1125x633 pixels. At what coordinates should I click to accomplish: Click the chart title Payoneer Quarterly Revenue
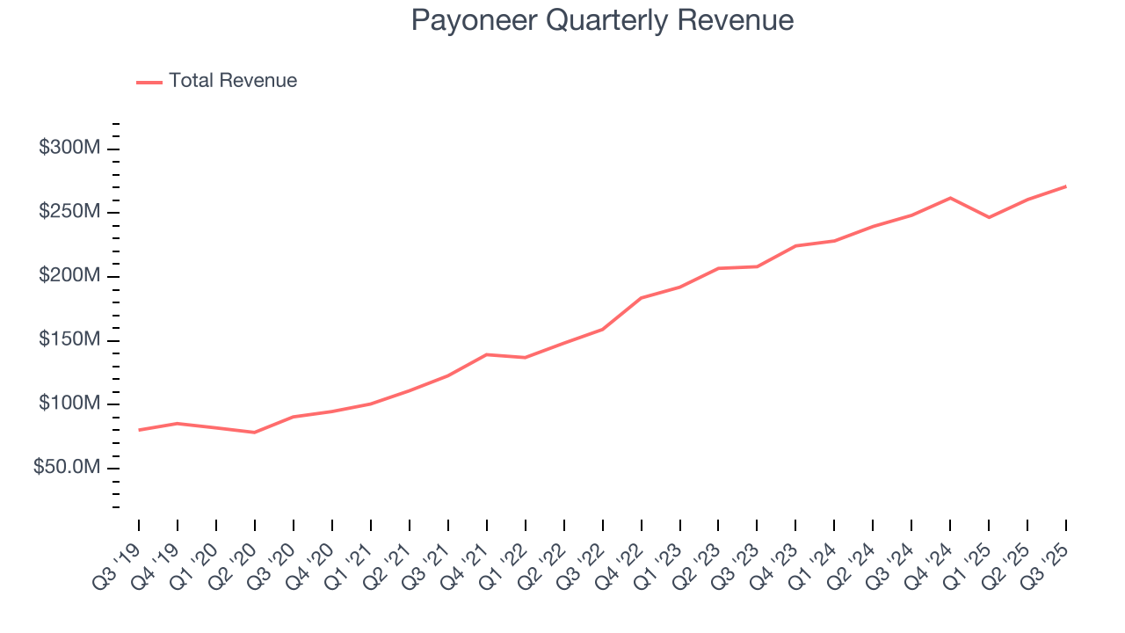[602, 20]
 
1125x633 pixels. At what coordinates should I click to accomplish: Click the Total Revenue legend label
[233, 81]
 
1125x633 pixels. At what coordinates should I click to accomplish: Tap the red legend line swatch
[149, 82]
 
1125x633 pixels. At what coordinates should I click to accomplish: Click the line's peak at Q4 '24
[950, 198]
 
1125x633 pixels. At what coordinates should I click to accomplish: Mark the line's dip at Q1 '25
[989, 217]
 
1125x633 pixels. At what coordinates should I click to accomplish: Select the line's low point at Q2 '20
[254, 433]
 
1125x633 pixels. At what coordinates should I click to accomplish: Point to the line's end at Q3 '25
[1066, 186]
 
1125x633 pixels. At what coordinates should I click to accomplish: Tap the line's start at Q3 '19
[139, 430]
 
